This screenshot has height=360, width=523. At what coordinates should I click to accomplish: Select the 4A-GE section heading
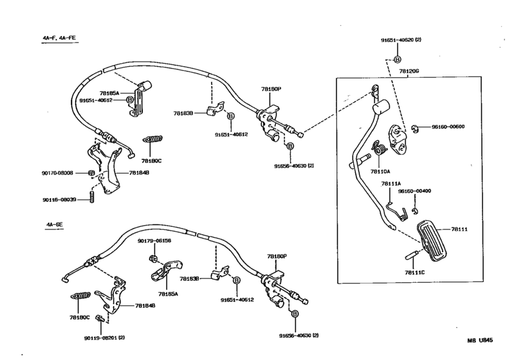coord(54,224)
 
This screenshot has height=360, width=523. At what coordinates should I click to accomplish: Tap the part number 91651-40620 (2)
coord(400,40)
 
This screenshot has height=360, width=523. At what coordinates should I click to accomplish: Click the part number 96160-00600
coord(448,127)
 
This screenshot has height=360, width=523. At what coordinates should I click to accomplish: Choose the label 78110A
coord(381,172)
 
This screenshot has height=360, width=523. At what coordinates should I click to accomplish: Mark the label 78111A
coord(390,184)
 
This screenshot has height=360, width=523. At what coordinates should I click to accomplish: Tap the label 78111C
coord(415,272)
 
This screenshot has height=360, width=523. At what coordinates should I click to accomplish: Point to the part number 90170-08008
coord(59,173)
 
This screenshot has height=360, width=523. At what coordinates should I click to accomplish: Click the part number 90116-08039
coord(59,199)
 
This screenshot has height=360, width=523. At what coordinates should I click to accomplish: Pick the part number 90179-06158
coord(154,240)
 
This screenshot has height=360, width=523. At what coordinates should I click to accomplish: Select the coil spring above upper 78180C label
coord(153,139)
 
